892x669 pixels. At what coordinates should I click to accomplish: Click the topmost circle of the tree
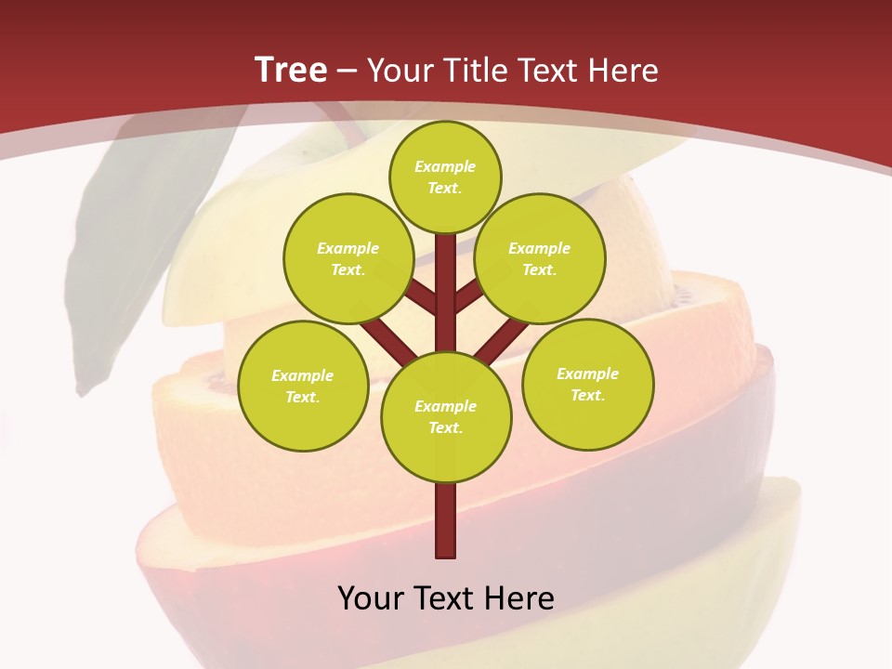tap(445, 177)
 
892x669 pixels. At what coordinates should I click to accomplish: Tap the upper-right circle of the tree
tap(540, 258)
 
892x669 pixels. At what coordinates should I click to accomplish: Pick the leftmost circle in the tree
tap(303, 386)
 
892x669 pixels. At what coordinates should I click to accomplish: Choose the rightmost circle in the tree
tap(588, 384)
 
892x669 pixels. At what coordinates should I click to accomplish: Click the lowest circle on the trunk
tap(446, 417)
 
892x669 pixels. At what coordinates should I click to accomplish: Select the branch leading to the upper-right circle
tap(467, 297)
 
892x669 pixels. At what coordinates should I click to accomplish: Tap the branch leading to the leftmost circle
tap(388, 340)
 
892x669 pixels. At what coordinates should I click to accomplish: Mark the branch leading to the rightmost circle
tap(502, 340)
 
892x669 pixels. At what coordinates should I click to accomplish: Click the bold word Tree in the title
tap(291, 70)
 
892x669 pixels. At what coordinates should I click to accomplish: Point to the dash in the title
tap(348, 71)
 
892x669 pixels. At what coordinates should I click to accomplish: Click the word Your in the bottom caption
tap(371, 597)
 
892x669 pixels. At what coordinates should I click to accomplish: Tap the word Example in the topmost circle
tap(445, 167)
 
